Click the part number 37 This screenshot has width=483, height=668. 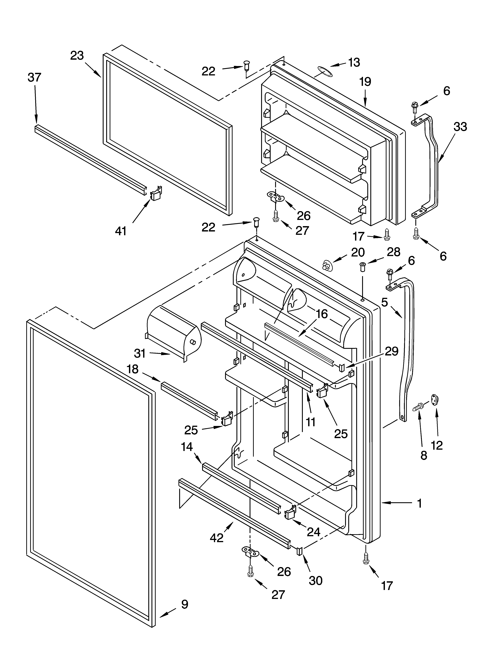tap(34, 77)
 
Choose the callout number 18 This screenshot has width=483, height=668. tap(133, 369)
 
